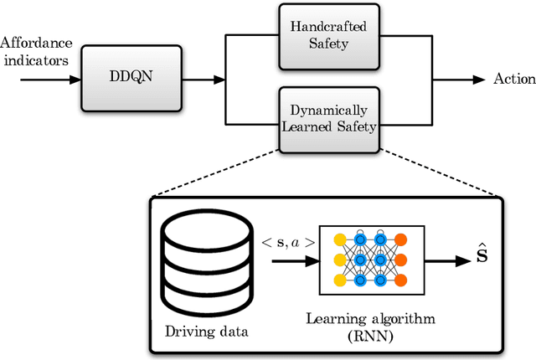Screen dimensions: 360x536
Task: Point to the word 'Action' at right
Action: (514, 80)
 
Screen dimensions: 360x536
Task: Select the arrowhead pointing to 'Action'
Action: (479, 80)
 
